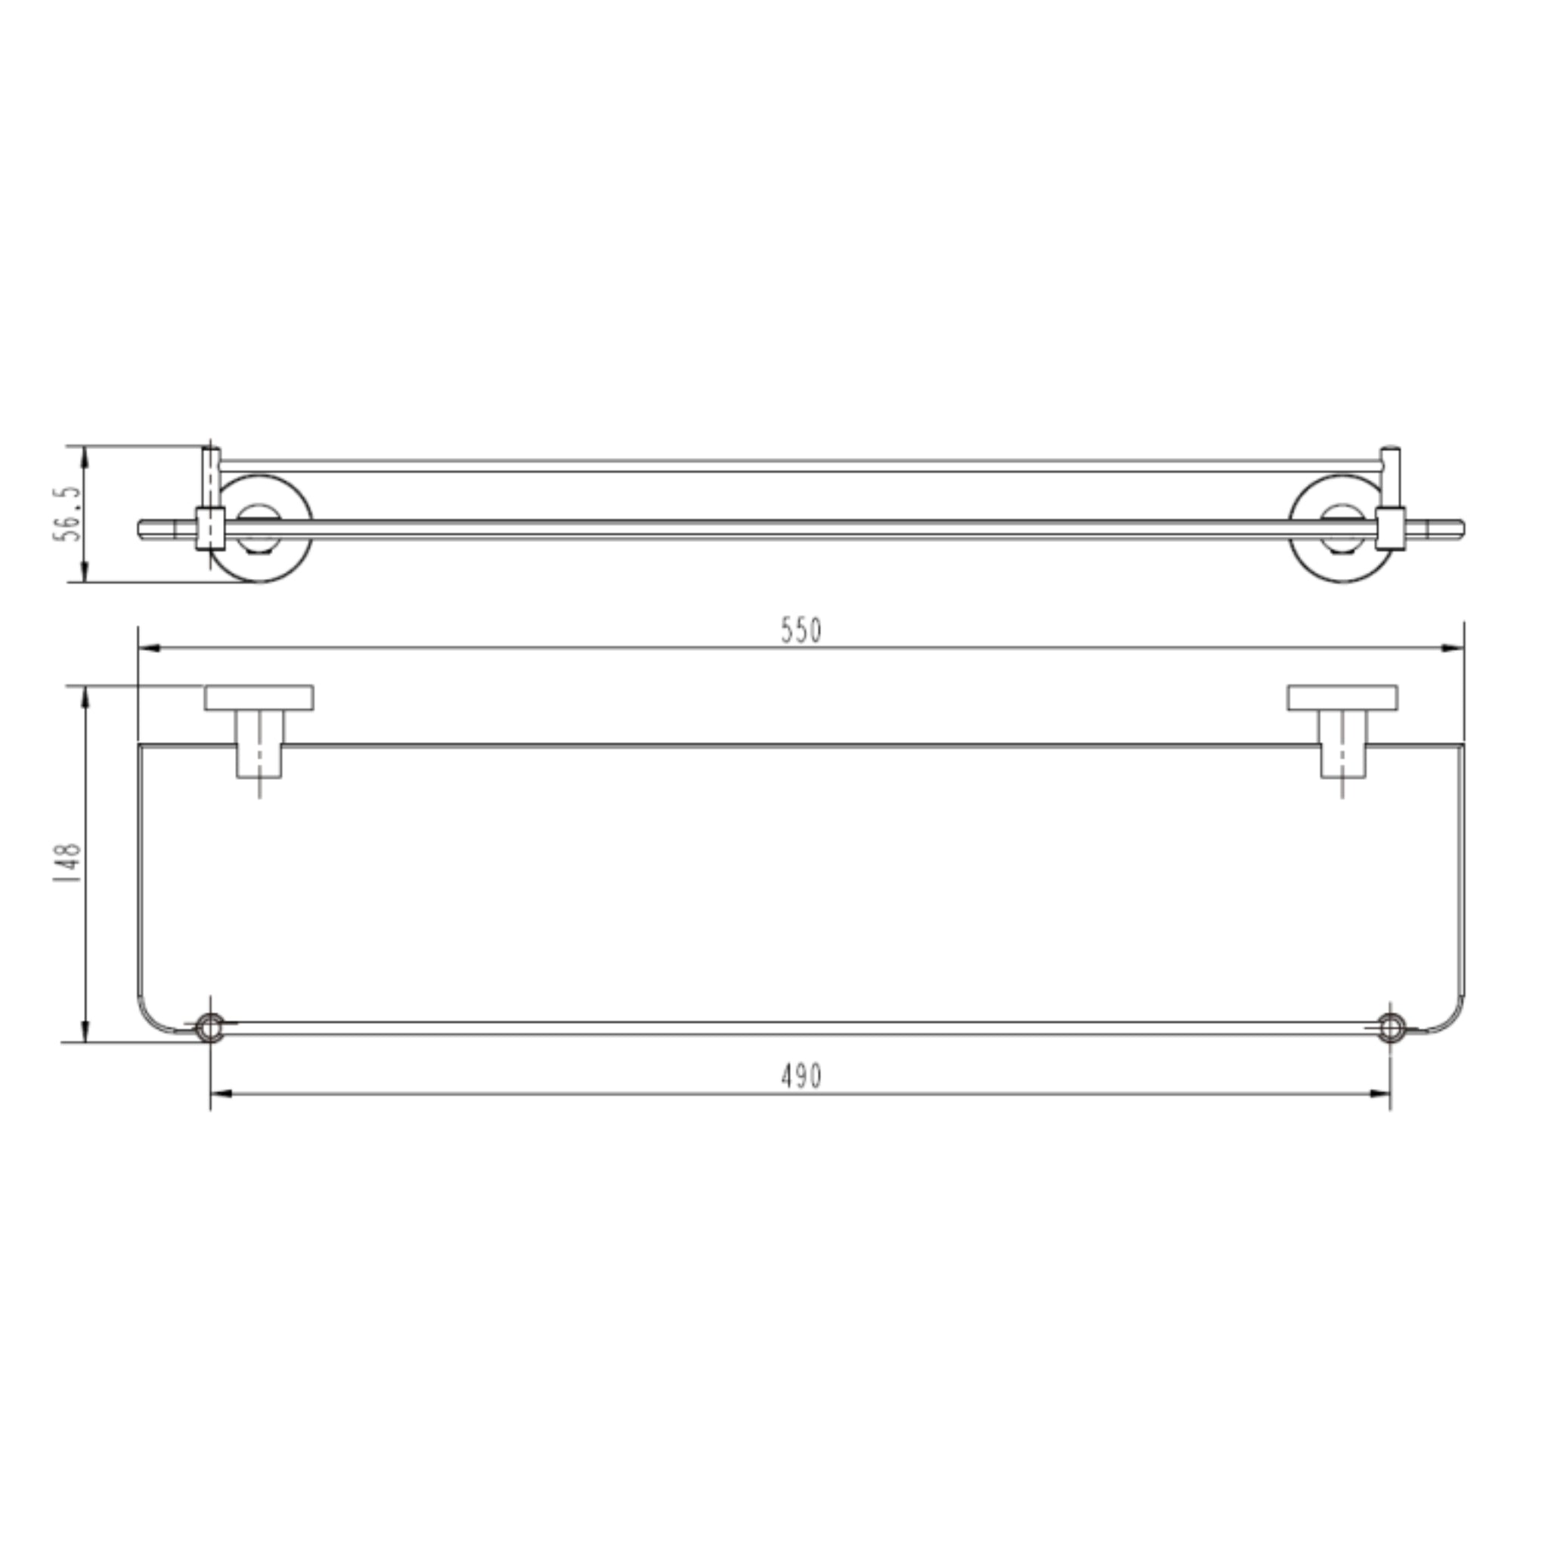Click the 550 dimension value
[x=801, y=631]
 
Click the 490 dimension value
[x=801, y=1076]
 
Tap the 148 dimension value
[x=68, y=863]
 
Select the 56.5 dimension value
[x=68, y=513]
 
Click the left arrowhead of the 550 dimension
[x=150, y=648]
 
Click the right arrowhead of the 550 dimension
[x=1453, y=648]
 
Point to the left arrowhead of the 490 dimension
[x=222, y=1093]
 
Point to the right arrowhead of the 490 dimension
[x=1379, y=1093]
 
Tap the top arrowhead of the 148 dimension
[x=85, y=697]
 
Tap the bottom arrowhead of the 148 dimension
[x=85, y=1030]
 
